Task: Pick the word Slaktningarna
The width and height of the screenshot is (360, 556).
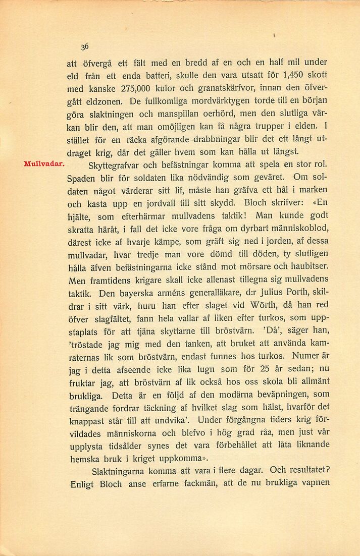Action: pos(118,472)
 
